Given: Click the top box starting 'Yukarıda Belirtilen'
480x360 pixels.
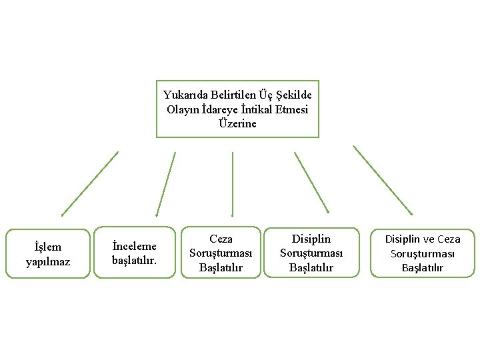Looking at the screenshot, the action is click(x=237, y=109).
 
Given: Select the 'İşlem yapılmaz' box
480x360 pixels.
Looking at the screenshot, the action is click(x=48, y=254).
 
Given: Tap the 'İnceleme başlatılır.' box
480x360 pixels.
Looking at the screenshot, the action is click(x=135, y=253).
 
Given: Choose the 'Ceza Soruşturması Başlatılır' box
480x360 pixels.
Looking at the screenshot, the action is click(x=221, y=253).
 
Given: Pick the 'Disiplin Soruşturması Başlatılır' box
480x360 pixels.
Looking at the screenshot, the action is click(x=311, y=253).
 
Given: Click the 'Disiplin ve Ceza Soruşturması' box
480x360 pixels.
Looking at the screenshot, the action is click(x=423, y=253).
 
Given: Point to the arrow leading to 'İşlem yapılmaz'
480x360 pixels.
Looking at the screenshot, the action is click(x=89, y=184).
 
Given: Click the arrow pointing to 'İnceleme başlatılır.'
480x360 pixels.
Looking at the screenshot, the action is click(x=165, y=184).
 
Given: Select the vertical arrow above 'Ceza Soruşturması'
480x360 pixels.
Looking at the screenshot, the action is click(x=232, y=184).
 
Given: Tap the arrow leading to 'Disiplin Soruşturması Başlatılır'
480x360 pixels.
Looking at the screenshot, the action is click(x=312, y=183).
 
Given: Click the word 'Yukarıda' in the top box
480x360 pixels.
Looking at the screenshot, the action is click(x=184, y=95).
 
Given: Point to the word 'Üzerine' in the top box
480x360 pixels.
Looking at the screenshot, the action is click(x=237, y=123).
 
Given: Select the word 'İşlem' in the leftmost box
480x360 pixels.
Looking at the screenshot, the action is click(x=48, y=247).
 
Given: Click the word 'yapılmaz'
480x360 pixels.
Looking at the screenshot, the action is click(x=48, y=261).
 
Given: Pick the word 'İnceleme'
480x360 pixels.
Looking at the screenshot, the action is click(x=135, y=246).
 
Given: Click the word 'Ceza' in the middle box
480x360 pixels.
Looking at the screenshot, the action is click(x=221, y=239).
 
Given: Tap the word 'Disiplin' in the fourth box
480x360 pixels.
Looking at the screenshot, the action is click(x=311, y=239).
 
